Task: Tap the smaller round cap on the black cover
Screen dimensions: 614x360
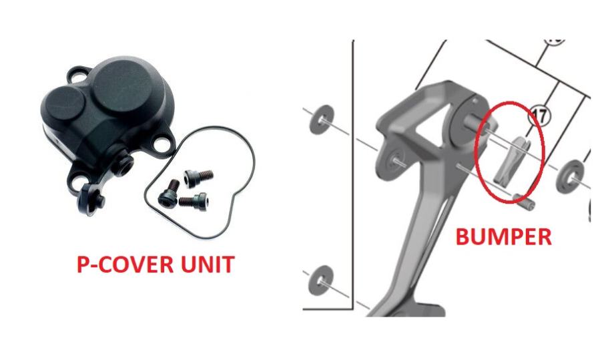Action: coord(65,103)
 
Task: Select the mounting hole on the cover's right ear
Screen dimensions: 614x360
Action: coord(162,143)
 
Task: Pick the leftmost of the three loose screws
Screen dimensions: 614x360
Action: coord(169,194)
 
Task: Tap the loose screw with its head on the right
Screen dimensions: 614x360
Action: coord(194,201)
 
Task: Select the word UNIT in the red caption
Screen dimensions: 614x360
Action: coord(208,264)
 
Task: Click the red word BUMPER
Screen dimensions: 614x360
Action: coord(504,237)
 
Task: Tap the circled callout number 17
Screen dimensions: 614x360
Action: coord(540,116)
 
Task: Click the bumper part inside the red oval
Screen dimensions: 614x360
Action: coord(512,160)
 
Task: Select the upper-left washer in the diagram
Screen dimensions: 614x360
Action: coord(322,120)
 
